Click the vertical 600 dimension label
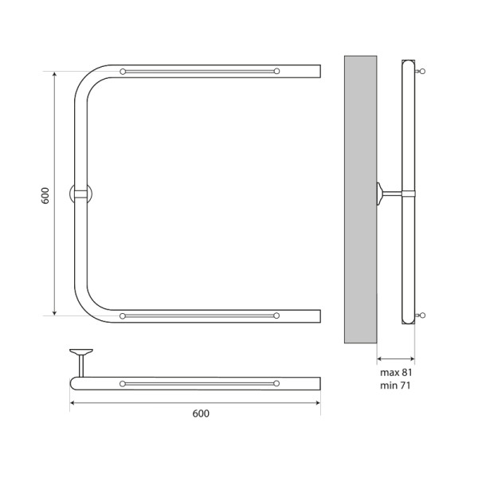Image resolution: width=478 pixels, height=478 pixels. tap(45, 195)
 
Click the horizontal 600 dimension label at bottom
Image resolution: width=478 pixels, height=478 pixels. tap(201, 414)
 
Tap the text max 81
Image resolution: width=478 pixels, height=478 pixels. tap(395, 372)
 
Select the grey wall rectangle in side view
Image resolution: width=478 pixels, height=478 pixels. tap(360, 199)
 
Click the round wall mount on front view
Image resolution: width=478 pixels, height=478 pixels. tap(81, 194)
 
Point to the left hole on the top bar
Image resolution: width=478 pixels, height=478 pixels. tap(123, 72)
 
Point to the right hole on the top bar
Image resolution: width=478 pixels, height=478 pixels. tap(276, 72)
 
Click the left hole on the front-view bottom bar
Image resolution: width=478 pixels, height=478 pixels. tap(123, 316)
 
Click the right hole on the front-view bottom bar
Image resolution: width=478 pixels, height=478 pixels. tap(276, 316)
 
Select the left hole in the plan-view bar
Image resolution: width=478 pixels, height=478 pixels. tap(123, 384)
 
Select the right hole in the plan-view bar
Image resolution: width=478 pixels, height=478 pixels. tap(276, 384)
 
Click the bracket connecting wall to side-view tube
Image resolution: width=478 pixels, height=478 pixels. tap(390, 191)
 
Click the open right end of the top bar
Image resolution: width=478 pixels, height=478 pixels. tap(319, 72)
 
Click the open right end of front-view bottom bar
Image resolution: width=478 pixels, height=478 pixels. tap(319, 316)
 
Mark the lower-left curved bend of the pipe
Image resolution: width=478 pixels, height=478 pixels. tap(88, 307)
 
